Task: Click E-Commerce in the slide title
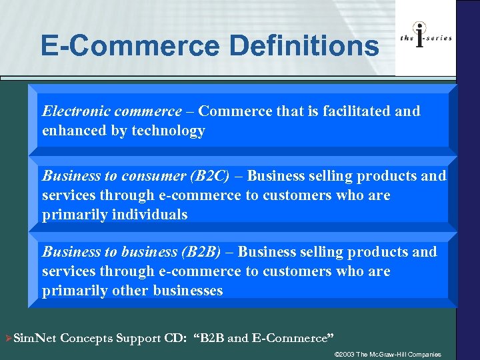[x=130, y=46]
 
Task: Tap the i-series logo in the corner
[x=425, y=38]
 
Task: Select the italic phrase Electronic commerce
[x=111, y=111]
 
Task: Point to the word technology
[x=168, y=131]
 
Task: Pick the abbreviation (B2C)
[x=209, y=176]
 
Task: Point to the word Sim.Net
[x=35, y=338]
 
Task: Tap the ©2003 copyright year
[x=344, y=353]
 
